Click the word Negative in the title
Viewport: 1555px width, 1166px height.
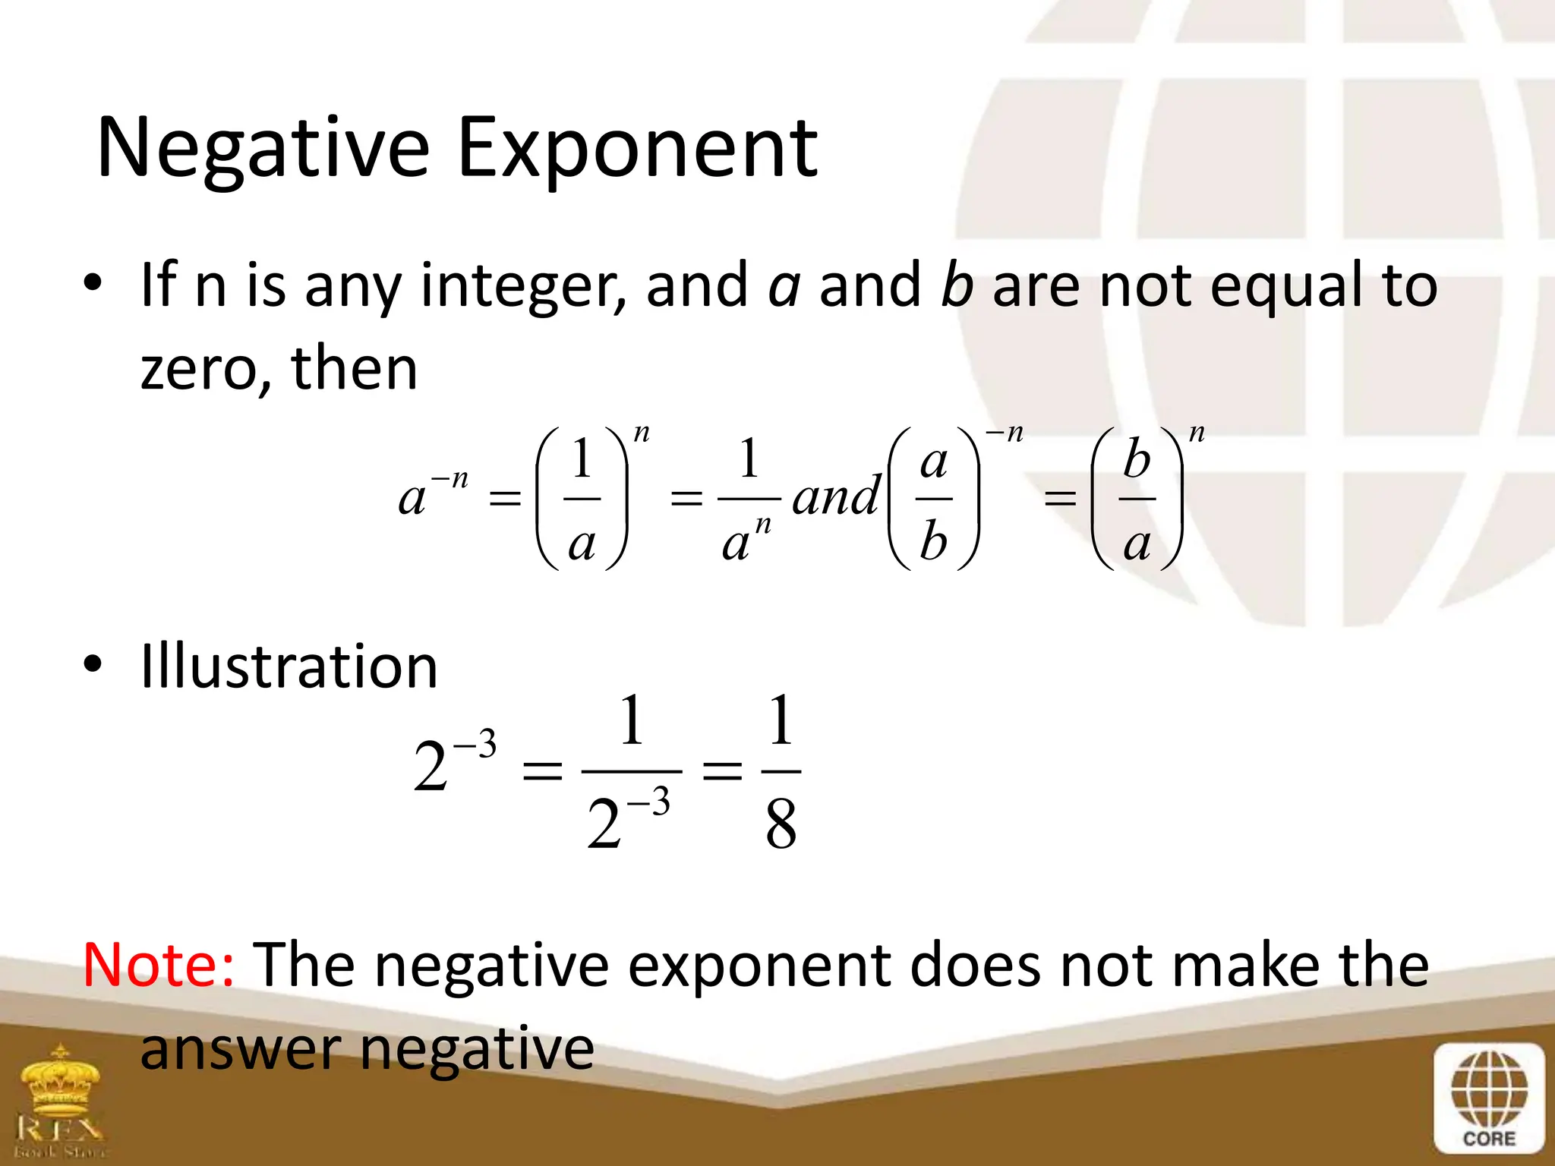pyautogui.click(x=263, y=149)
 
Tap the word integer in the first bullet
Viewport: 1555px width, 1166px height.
pyautogui.click(x=522, y=287)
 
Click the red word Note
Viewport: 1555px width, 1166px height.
pyautogui.click(x=158, y=965)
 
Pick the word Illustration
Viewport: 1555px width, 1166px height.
pyautogui.click(x=289, y=667)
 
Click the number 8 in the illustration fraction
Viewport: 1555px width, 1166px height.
pyautogui.click(x=781, y=825)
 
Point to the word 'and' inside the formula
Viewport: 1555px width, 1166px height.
pyautogui.click(x=835, y=498)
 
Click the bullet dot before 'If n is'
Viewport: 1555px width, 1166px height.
pyautogui.click(x=93, y=284)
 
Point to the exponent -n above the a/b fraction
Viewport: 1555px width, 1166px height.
pyautogui.click(x=1004, y=433)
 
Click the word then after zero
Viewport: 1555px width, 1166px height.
pyautogui.click(x=354, y=370)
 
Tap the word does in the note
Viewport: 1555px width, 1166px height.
pyautogui.click(x=975, y=965)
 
